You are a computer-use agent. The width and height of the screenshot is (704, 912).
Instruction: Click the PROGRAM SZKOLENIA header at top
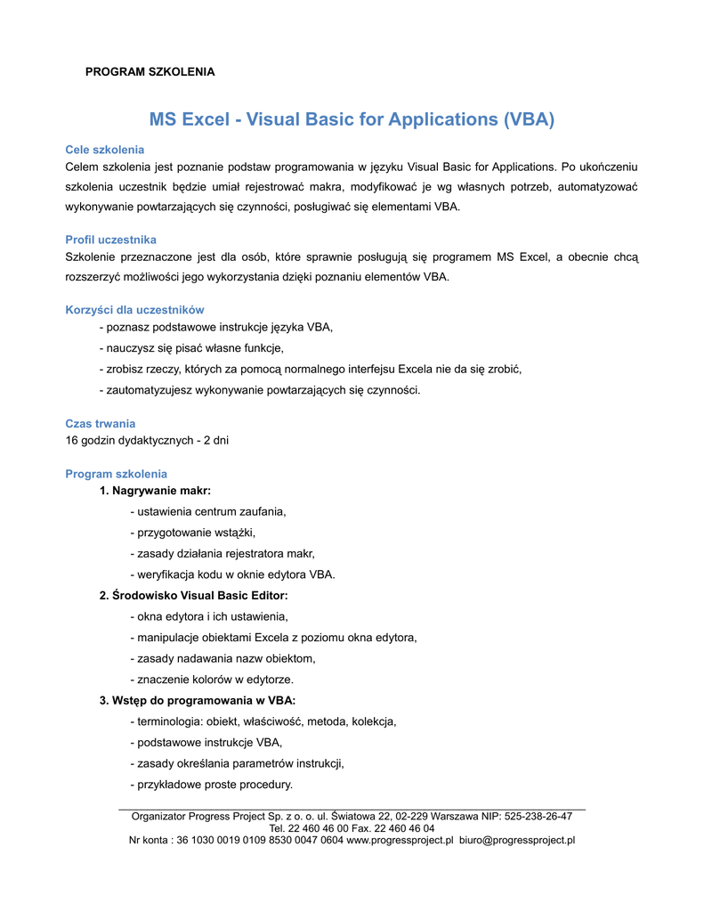[x=150, y=71]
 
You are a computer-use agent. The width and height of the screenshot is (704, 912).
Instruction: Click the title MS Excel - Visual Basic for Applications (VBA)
[x=352, y=119]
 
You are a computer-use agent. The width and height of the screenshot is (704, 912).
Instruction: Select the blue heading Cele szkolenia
[x=105, y=150]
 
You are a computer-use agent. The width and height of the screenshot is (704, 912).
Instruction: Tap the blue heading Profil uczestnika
[x=111, y=240]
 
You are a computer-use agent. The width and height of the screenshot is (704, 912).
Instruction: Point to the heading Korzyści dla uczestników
[x=134, y=310]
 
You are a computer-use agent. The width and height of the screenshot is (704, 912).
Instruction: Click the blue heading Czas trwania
[x=101, y=423]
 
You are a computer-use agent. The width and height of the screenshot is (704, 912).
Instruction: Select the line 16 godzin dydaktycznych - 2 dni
[x=147, y=440]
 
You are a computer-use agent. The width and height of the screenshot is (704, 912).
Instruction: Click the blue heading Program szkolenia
[x=117, y=474]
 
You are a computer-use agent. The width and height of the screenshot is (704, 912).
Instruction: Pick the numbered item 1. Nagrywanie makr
[x=155, y=491]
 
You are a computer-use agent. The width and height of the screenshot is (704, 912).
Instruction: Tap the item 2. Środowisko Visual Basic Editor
[x=193, y=595]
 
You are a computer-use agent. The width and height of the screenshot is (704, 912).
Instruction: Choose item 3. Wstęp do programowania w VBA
[x=197, y=700]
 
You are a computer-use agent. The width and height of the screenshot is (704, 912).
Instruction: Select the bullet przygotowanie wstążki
[x=192, y=533]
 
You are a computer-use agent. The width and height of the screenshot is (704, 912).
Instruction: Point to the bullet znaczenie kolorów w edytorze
[x=211, y=680]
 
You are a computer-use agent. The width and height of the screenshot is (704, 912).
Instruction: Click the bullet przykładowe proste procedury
[x=211, y=785]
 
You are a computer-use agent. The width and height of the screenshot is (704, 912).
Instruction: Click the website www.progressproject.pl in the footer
[x=400, y=840]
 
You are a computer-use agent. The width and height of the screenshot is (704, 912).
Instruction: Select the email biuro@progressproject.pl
[x=517, y=840]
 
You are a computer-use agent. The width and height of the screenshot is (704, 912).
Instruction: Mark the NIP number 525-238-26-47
[x=538, y=816]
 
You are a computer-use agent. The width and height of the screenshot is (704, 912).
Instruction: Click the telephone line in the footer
[x=352, y=827]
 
